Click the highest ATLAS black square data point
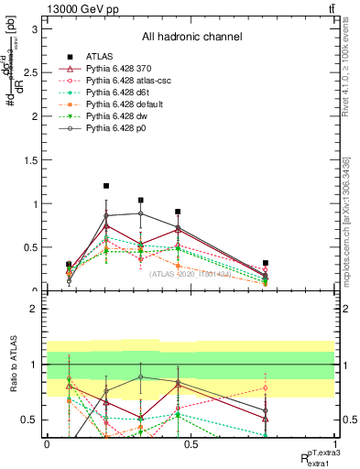[x=106, y=186]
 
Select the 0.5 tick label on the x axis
[x=191, y=442]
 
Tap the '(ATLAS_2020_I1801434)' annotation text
[x=191, y=274]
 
